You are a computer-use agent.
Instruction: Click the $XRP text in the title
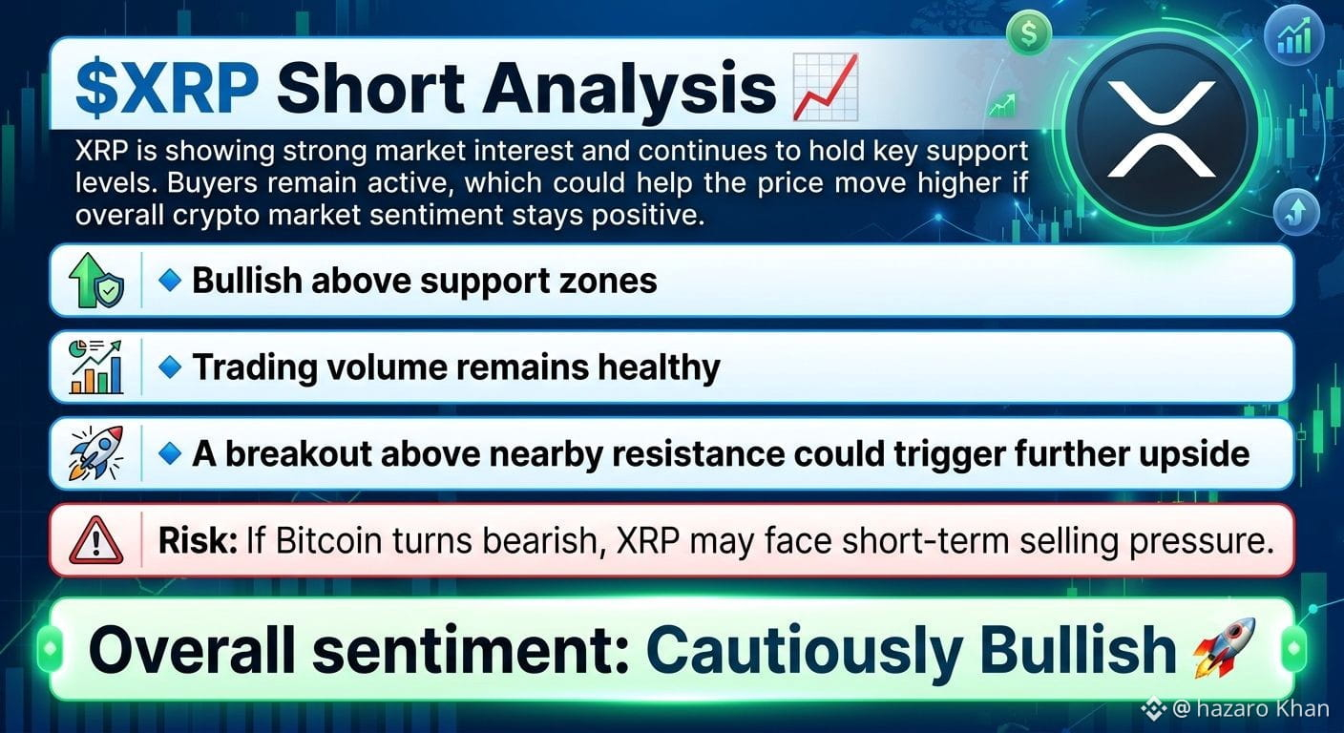click(x=167, y=88)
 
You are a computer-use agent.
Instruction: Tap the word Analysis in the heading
click(x=629, y=90)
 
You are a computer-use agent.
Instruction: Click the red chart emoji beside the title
click(x=826, y=87)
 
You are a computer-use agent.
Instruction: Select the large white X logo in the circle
click(x=1161, y=129)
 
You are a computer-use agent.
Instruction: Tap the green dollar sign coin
click(x=1029, y=33)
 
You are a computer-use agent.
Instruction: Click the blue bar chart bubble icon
click(x=1294, y=36)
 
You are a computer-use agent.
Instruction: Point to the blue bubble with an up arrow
click(x=1296, y=212)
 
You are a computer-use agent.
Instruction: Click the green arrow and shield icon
click(x=96, y=280)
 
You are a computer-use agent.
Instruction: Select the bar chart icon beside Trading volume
click(x=96, y=366)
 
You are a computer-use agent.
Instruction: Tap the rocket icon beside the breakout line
click(x=96, y=453)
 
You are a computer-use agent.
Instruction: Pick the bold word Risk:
click(x=198, y=540)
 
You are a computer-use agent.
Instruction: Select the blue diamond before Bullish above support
click(x=170, y=280)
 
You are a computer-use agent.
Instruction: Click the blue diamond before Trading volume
click(x=170, y=366)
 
